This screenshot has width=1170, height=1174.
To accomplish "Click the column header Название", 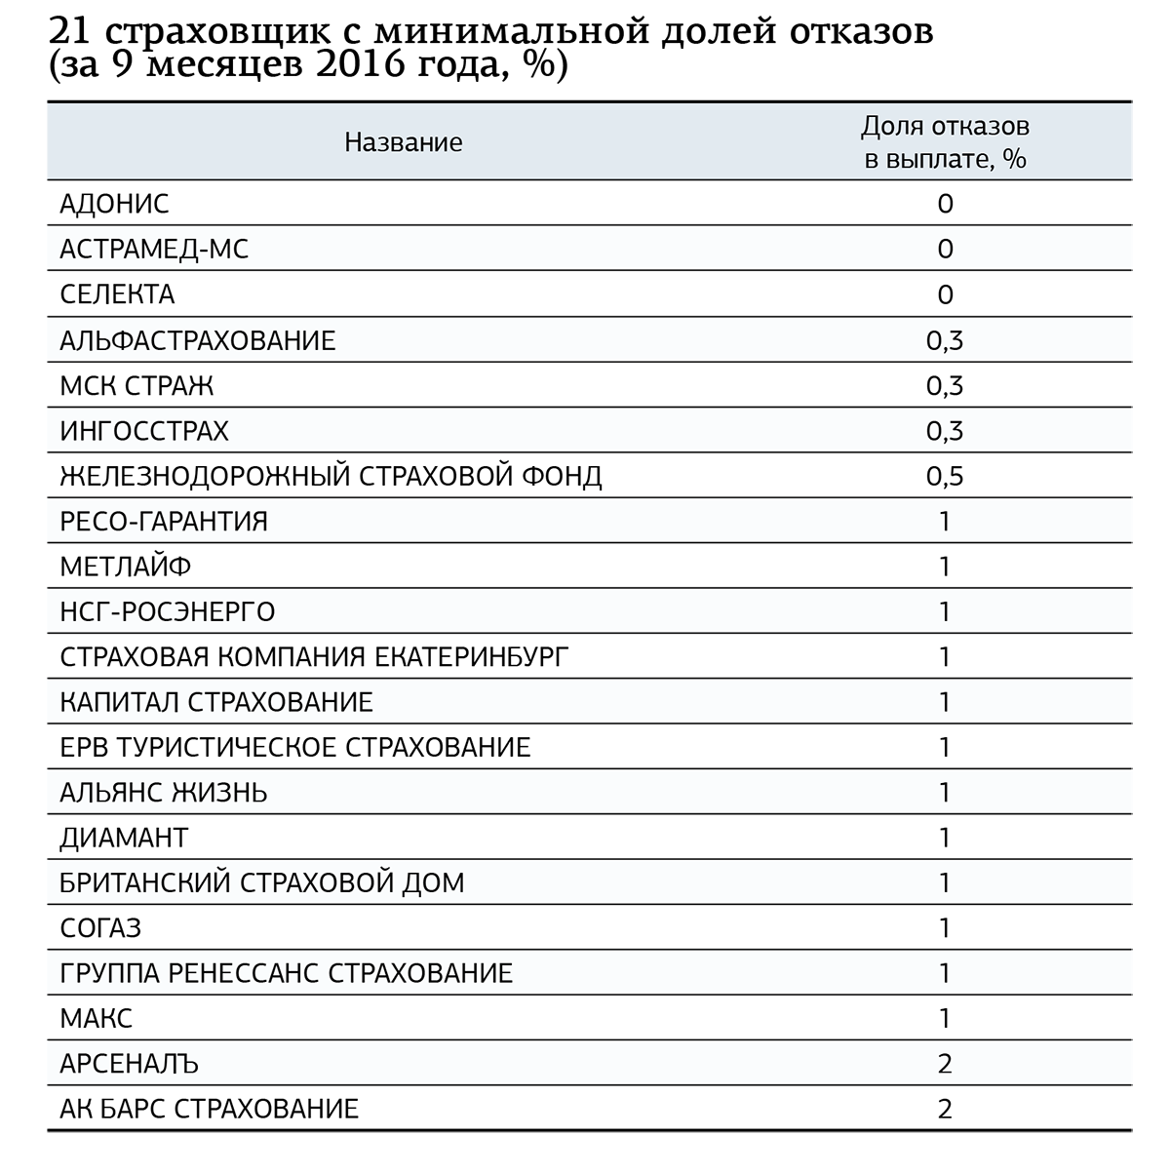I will tap(403, 142).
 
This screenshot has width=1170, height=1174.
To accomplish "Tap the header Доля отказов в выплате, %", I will tap(945, 142).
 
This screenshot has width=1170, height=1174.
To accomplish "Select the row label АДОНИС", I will tap(114, 204).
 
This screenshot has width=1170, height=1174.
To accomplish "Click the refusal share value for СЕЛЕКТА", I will tap(945, 294).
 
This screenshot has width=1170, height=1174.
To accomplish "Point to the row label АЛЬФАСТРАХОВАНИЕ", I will tap(197, 340).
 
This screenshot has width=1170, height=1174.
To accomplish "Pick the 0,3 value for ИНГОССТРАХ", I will tap(945, 431).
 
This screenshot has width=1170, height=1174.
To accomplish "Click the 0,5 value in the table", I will tap(945, 476).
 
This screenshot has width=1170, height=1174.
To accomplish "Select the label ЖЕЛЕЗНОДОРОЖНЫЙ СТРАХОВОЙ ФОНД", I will tap(331, 476).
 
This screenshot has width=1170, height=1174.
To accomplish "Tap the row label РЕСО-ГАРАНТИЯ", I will tap(164, 522).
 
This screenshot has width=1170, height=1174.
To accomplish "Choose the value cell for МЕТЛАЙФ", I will tap(945, 567).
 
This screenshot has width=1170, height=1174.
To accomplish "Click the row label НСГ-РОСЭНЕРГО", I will tap(168, 612).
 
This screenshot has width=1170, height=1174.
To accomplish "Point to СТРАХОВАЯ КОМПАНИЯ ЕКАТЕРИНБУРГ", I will tap(314, 657).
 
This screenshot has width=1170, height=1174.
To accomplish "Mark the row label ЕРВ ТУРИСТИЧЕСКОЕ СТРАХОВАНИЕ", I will tap(295, 748).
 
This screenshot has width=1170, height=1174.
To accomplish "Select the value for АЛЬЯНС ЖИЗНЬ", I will tap(945, 793).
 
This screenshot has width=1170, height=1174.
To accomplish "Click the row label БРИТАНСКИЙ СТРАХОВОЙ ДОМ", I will tap(262, 883).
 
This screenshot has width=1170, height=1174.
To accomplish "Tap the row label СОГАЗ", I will tap(100, 928).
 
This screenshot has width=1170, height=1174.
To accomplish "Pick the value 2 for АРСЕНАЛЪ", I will tap(945, 1064).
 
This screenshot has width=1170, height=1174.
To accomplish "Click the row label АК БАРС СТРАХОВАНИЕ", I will tap(210, 1109).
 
